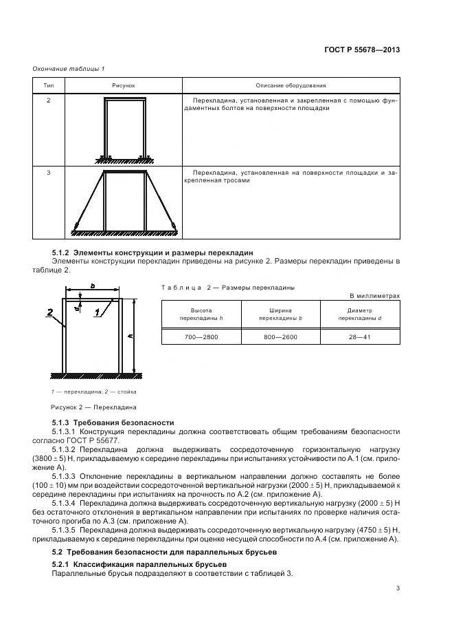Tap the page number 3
point(398,588)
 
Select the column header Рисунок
point(124,85)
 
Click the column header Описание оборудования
point(291,85)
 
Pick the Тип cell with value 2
point(48,100)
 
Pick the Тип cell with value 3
point(48,172)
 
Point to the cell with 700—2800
point(201,337)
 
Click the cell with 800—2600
point(280,337)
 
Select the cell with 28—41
point(359,337)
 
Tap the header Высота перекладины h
point(201,315)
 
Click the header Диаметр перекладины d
point(359,315)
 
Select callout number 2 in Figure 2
point(50,312)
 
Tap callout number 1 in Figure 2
point(98,312)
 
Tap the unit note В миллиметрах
point(374,296)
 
